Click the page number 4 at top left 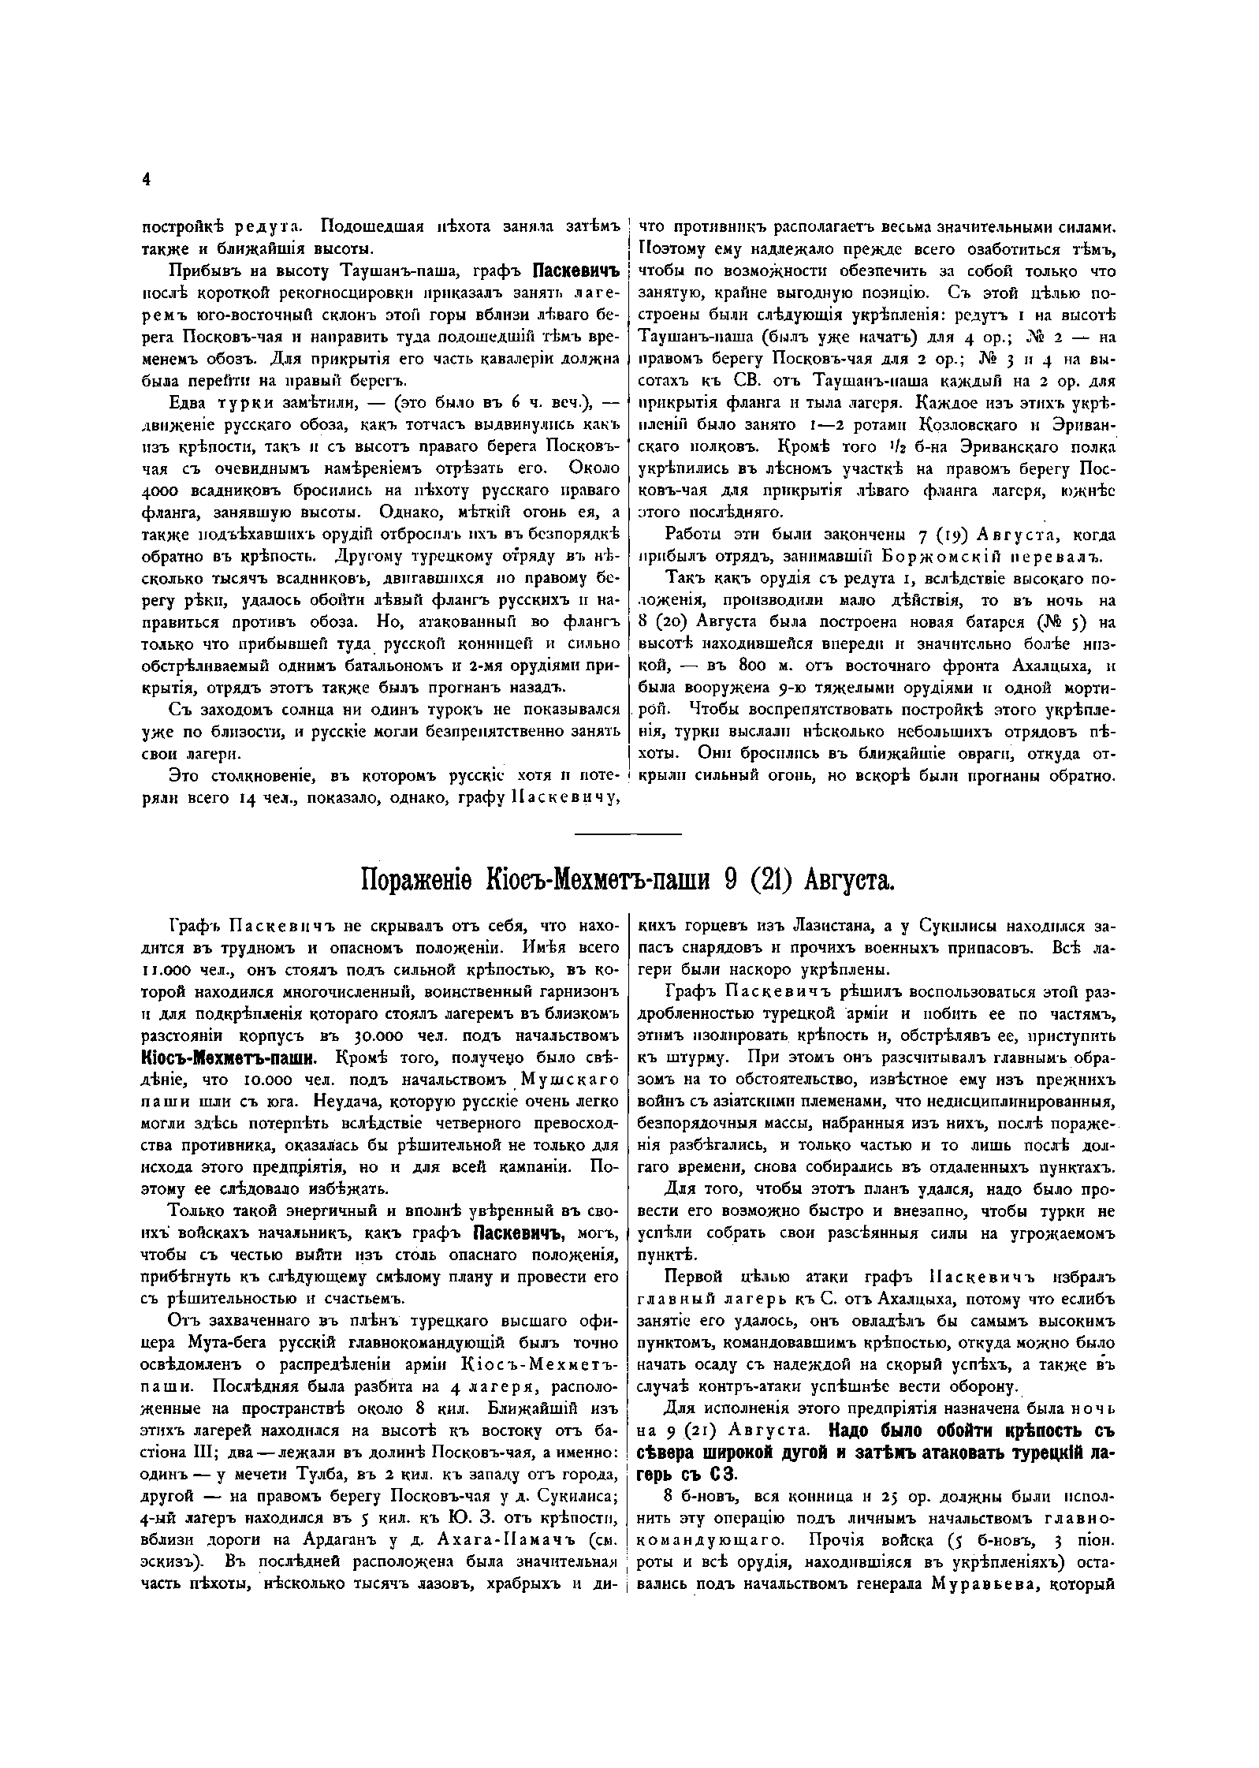(x=145, y=180)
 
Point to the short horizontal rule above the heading (x=628, y=834)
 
